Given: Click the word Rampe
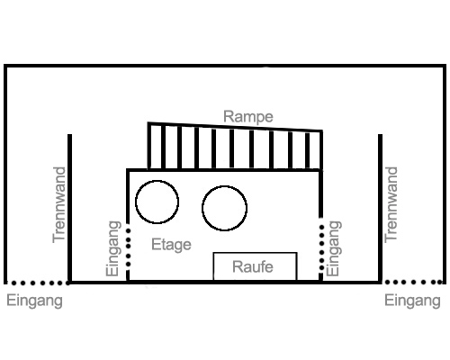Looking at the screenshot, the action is coord(248,117).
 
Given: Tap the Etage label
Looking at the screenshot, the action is coord(171,245).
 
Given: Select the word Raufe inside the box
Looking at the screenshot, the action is coord(253,266).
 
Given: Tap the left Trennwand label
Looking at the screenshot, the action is coord(58,205).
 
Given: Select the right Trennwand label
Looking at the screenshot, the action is coord(391,205).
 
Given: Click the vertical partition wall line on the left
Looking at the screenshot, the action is coord(69,208).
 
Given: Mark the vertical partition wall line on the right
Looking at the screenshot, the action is coord(380,208).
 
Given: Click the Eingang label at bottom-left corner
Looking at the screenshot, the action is coord(34,301).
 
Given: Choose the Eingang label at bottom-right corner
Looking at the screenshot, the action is coord(412,301).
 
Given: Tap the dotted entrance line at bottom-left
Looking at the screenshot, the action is coord(38,283).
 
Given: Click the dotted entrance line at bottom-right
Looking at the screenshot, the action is coord(412,283).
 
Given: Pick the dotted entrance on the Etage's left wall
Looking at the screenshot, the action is coord(129,247).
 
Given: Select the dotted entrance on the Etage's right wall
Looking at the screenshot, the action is coord(321,244).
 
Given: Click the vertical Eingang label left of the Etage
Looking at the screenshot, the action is coord(113,248).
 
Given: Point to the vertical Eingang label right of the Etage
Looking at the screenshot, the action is coord(333,248).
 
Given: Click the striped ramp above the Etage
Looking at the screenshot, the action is coord(235,147).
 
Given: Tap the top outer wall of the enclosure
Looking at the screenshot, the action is coord(225,66).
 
